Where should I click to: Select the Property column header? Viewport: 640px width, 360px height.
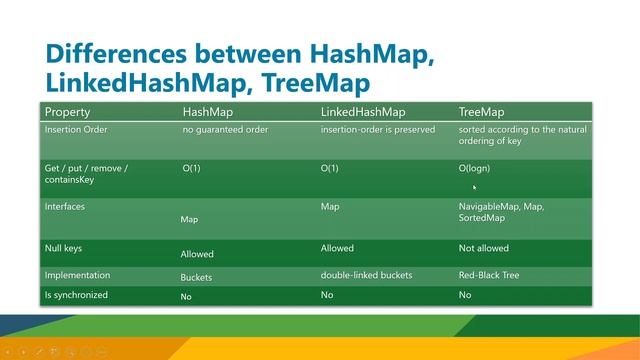point(68,112)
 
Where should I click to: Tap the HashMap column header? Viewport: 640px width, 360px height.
point(208,112)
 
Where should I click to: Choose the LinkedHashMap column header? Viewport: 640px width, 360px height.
point(363,112)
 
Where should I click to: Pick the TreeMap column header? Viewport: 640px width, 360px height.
point(481,112)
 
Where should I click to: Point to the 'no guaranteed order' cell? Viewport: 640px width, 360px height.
point(226,130)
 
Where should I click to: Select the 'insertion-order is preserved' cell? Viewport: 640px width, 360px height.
point(380,130)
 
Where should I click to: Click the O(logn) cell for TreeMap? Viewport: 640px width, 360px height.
point(474,168)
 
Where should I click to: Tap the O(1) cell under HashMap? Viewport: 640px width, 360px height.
point(191,168)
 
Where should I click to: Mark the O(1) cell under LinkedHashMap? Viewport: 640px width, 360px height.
point(329,168)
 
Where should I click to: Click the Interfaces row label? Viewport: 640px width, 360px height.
point(65,206)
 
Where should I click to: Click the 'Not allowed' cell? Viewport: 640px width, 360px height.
point(484,248)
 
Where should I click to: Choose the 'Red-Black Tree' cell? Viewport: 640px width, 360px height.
point(489,275)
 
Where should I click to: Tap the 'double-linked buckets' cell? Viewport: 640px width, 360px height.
point(367,275)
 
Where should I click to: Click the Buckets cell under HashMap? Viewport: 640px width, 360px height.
point(196,278)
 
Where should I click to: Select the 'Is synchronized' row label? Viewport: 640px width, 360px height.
point(76,295)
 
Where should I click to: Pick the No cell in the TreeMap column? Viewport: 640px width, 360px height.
point(465,295)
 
